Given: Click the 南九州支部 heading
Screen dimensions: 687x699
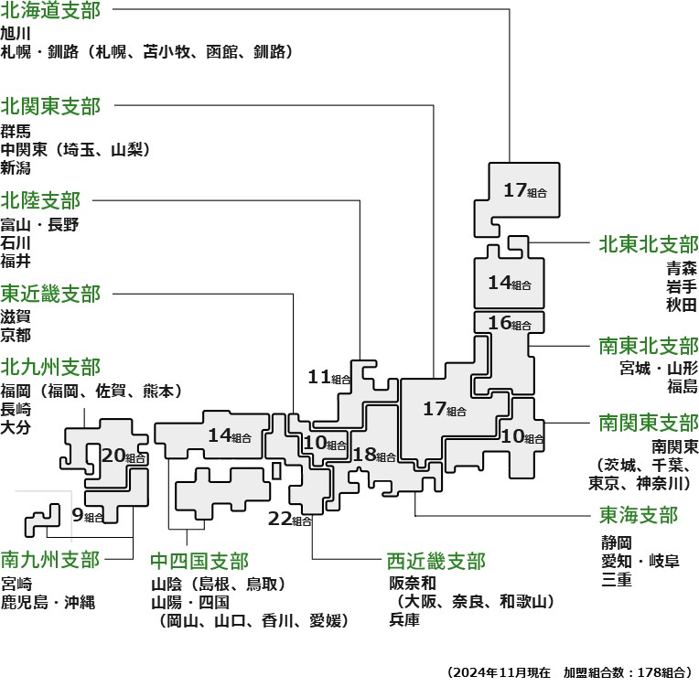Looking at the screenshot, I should [x=51, y=559].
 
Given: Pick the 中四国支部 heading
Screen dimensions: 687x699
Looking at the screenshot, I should [x=199, y=560].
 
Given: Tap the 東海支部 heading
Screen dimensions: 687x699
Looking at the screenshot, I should [x=639, y=515].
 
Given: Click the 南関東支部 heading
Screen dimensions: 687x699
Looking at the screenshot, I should [x=649, y=424].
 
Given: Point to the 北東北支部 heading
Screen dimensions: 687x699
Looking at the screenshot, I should [x=649, y=244].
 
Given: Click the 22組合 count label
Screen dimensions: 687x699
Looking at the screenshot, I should [x=290, y=520].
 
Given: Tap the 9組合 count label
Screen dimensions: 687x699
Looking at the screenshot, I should [x=88, y=515].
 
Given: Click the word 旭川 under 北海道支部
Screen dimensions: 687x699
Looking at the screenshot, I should [x=16, y=34].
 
